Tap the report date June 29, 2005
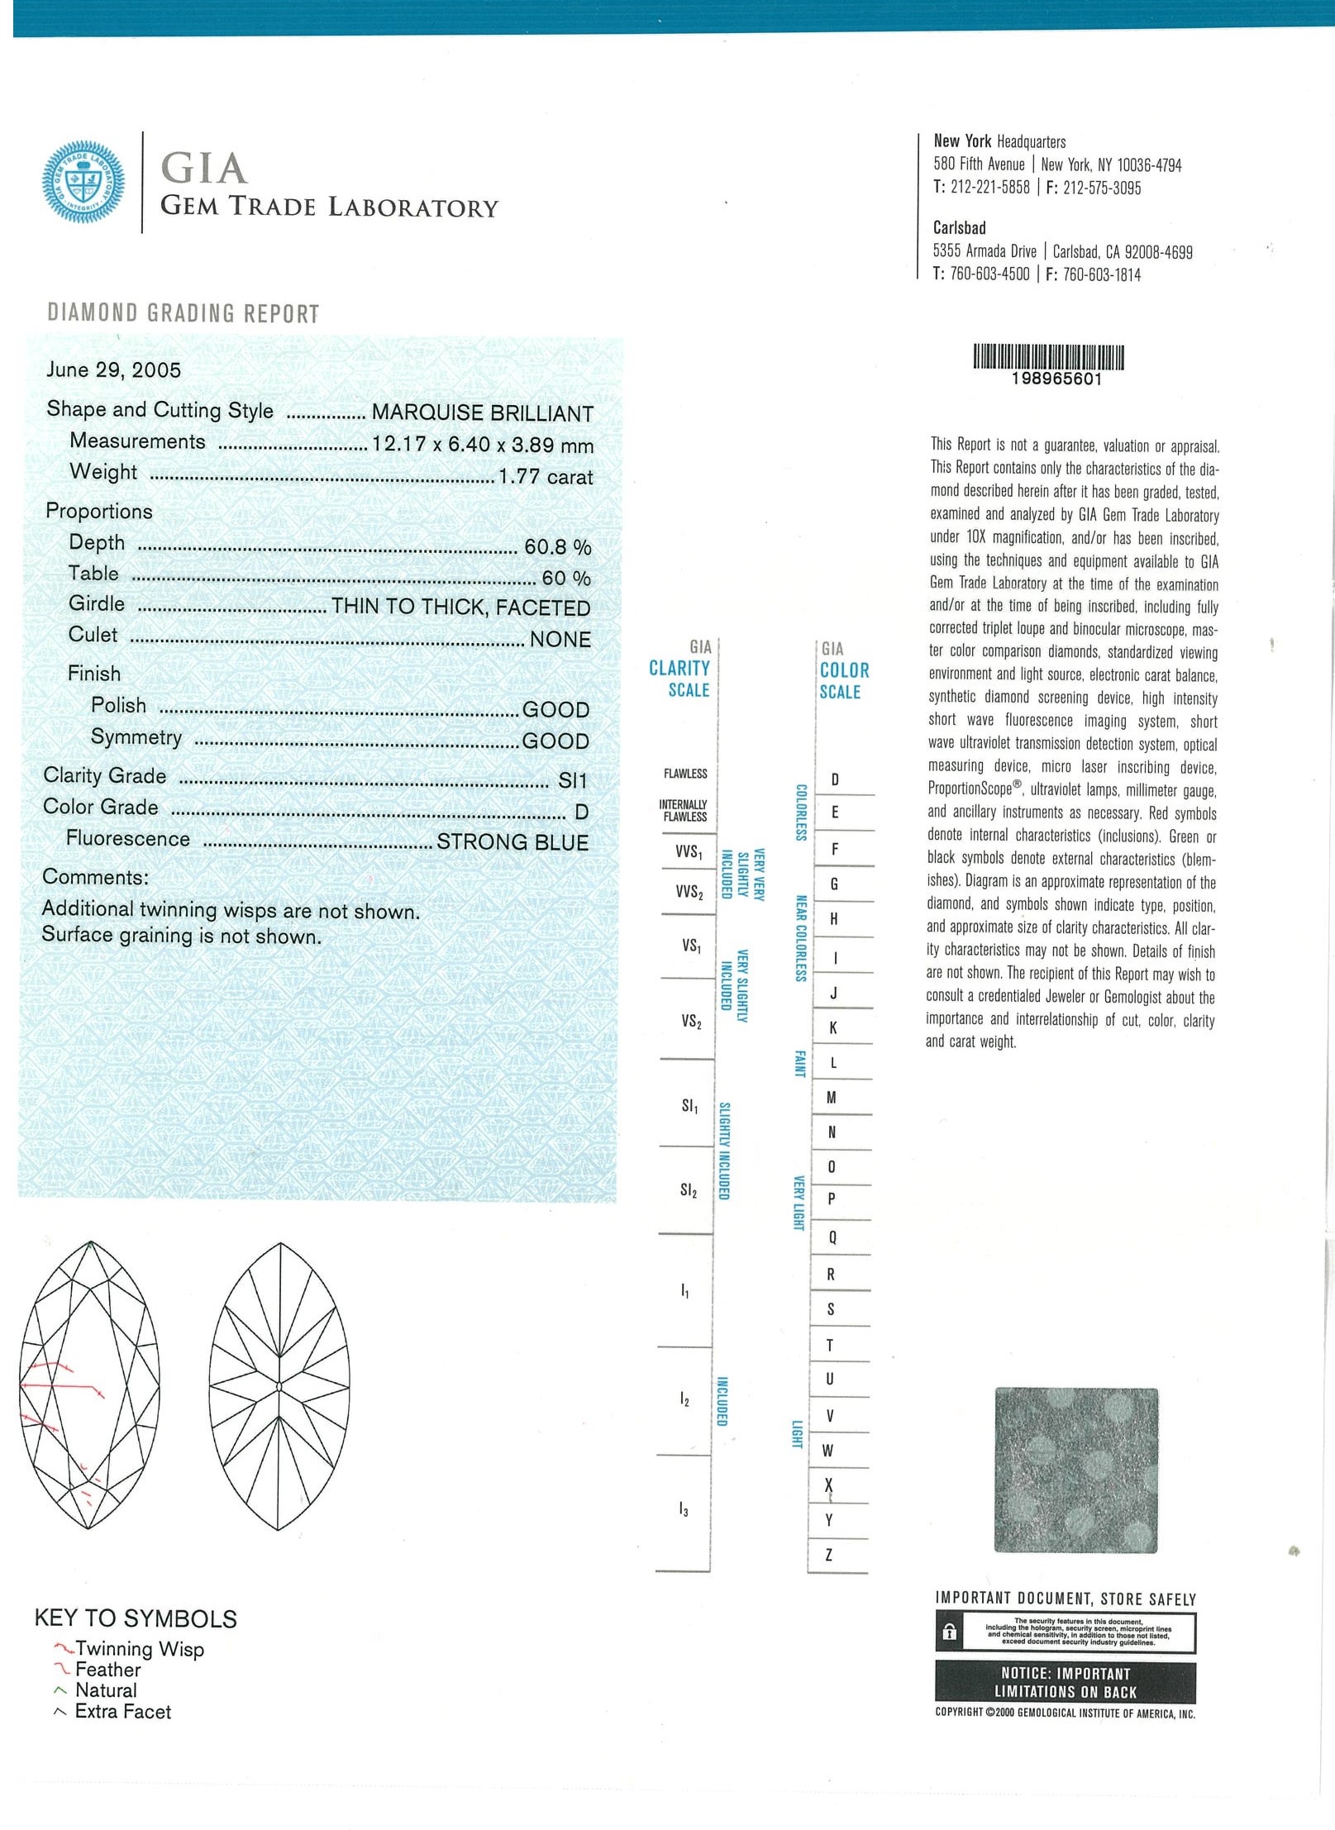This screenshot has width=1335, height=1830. [x=113, y=369]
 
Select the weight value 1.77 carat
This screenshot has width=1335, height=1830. [x=546, y=477]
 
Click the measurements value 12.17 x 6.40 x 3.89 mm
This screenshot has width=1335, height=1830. [x=483, y=445]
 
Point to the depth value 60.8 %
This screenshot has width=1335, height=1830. [x=558, y=547]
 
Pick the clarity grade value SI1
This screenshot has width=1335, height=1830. [x=572, y=780]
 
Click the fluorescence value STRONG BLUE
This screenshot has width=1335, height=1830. [x=513, y=842]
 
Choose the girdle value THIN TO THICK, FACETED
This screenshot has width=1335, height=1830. [x=461, y=608]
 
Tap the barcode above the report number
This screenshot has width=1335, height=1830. [x=1048, y=356]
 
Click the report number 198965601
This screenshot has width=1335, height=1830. [x=1056, y=379]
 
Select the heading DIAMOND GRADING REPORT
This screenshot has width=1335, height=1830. [x=184, y=313]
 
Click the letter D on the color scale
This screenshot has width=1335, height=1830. [x=835, y=779]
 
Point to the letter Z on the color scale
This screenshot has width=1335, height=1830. [x=829, y=1555]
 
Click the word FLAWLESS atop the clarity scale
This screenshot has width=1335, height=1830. [x=685, y=774]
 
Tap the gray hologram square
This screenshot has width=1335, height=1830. [x=1075, y=1470]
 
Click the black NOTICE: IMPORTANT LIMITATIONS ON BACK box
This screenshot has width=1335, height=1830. [x=1065, y=1682]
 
